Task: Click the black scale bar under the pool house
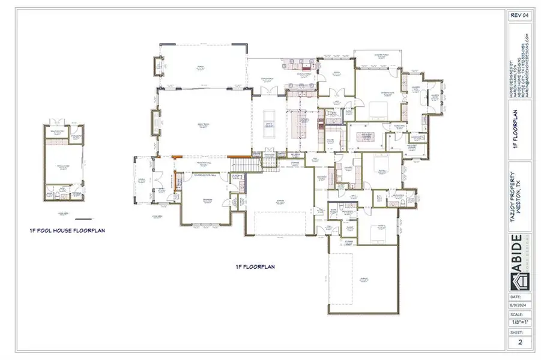(x=83, y=219)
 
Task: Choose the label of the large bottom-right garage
(x=363, y=279)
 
